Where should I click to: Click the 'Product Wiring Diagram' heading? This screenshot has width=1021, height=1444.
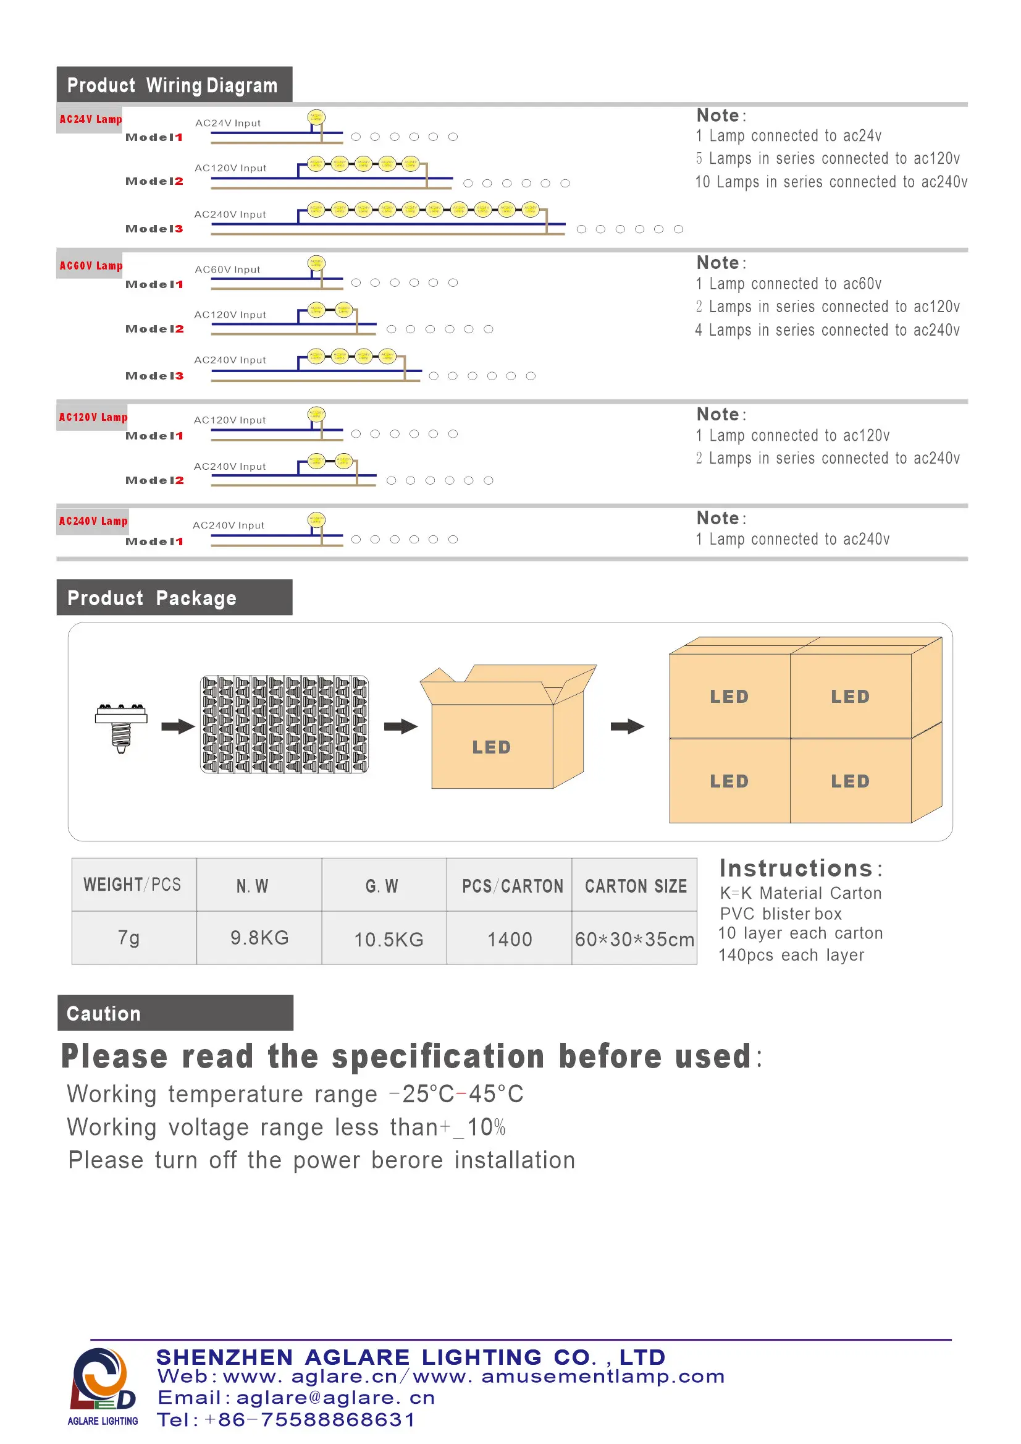(172, 85)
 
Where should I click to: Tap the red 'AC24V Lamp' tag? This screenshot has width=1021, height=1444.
(91, 119)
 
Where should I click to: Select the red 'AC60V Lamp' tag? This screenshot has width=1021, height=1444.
(91, 266)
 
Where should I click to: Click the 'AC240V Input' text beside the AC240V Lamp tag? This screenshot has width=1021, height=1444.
(228, 525)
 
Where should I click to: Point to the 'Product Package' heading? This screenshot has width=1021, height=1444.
(151, 598)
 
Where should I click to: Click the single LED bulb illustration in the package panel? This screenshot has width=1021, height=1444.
(121, 728)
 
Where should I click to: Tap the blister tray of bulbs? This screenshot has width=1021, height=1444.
(284, 725)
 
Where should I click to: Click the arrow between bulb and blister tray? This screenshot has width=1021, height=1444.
(178, 727)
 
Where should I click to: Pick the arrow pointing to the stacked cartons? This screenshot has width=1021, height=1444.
(627, 727)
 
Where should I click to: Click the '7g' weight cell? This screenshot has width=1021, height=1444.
(129, 938)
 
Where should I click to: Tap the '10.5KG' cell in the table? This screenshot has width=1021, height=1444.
(389, 940)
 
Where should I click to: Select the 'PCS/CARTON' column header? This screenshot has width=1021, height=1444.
(513, 886)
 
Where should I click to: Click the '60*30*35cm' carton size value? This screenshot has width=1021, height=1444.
(634, 940)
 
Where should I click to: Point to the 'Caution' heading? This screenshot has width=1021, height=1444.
(104, 1014)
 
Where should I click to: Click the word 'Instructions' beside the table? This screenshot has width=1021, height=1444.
(796, 869)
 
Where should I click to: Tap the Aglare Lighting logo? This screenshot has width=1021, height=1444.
(103, 1387)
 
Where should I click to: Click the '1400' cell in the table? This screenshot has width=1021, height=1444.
(510, 940)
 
